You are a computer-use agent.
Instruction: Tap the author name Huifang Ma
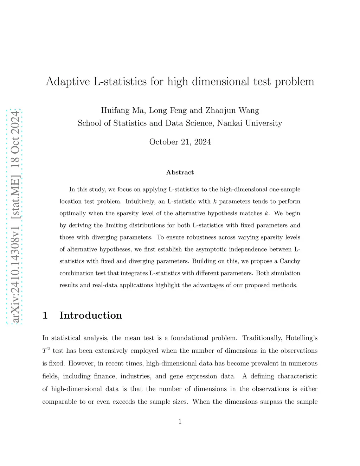point(122,110)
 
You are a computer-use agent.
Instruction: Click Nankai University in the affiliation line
point(250,123)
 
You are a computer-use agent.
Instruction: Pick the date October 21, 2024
point(180,142)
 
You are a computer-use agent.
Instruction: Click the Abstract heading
point(180,172)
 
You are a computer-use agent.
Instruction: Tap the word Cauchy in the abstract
point(290,261)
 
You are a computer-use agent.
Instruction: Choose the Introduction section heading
point(91,315)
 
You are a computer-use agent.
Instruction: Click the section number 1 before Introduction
point(45,315)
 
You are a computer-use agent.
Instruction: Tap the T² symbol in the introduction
point(46,351)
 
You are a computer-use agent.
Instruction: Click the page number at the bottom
point(180,421)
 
